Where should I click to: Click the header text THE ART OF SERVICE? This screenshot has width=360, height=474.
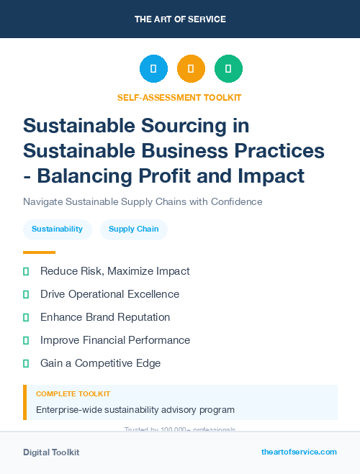tap(180, 19)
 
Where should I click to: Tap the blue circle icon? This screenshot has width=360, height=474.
tap(153, 69)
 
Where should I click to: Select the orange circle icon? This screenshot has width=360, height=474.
tap(191, 69)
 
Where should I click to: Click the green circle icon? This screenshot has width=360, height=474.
tap(228, 69)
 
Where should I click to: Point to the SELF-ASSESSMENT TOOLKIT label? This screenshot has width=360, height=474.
tap(180, 97)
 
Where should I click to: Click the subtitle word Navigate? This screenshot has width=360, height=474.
tap(45, 201)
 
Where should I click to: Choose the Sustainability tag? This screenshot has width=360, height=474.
tap(57, 229)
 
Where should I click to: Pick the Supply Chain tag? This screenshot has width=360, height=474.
tap(133, 229)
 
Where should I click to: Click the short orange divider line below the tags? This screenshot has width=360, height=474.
tap(39, 252)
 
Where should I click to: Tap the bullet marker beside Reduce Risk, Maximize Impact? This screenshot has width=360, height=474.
tap(26, 271)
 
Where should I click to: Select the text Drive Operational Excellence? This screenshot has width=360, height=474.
tap(109, 294)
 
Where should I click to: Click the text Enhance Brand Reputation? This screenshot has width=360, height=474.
tap(105, 317)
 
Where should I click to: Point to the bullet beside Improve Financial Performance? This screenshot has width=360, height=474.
tap(26, 340)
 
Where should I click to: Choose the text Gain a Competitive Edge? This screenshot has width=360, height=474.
tap(100, 363)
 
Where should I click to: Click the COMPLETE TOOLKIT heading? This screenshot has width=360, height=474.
tap(73, 394)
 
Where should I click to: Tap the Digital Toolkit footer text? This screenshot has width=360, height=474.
tap(51, 452)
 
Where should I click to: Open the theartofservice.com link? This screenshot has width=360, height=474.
tap(299, 452)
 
